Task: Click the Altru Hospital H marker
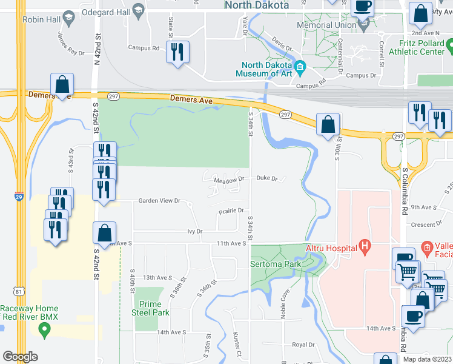point(365,246)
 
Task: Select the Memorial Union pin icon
point(364,25)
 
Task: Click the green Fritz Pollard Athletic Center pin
point(449,44)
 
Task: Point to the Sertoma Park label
point(276,265)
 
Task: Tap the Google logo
point(20,356)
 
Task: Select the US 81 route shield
point(20,292)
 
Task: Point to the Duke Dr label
point(266,179)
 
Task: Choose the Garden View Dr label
point(159,200)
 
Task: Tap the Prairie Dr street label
point(231,211)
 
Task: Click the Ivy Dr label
point(194,231)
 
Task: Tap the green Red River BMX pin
point(44,330)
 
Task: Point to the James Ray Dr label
point(71,44)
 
